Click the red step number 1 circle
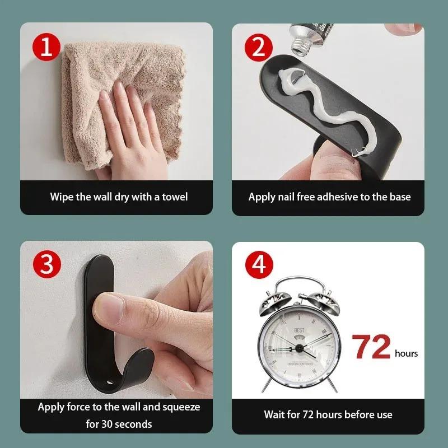point(46,46)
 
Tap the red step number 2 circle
point(258,46)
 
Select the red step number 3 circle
point(46,265)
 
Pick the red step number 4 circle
point(258,265)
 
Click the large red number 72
point(371,348)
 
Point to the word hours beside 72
point(406,353)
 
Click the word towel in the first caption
point(175,197)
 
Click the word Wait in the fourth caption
point(275,415)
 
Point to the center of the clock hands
point(298,348)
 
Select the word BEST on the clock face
point(298,330)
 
